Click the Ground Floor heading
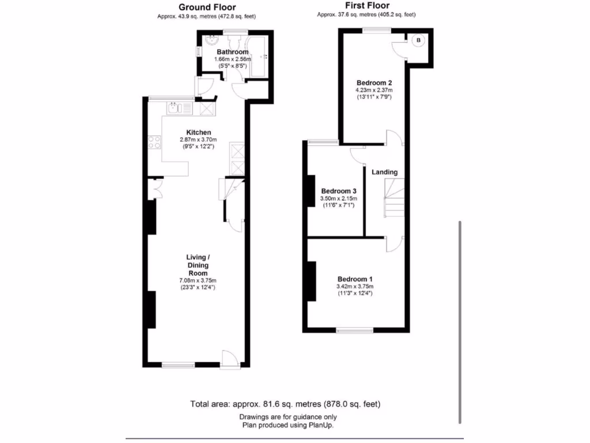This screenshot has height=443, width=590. (206, 7)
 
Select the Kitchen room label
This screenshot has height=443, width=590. (198, 132)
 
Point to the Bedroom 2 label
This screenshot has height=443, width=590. (374, 82)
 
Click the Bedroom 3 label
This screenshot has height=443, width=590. (339, 192)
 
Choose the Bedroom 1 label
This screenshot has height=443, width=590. (354, 278)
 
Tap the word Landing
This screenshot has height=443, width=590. (384, 172)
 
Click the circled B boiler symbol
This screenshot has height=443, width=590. (419, 40)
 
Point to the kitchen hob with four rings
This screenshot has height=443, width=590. (155, 142)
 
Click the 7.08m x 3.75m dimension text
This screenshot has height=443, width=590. (197, 281)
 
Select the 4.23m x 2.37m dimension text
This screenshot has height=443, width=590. (374, 90)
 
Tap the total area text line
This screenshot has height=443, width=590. (285, 404)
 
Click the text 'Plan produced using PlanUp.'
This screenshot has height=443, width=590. (288, 425)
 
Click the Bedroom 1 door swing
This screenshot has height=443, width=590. (393, 243)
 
